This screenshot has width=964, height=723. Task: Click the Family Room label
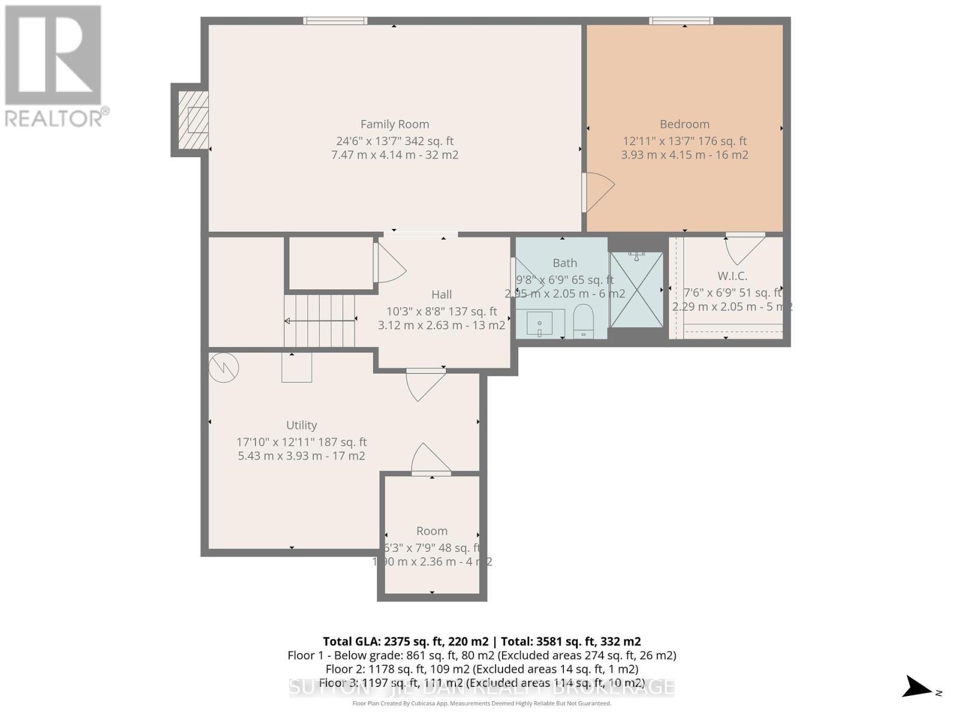395,124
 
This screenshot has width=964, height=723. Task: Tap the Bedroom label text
684,124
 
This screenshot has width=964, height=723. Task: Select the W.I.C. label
732,276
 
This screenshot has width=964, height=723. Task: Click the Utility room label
301,425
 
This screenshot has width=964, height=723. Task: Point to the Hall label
441,295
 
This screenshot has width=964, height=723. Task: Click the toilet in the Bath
583,321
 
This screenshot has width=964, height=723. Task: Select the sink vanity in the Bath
540,324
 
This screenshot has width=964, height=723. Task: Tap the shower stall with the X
636,290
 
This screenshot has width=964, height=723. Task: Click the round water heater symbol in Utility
224,367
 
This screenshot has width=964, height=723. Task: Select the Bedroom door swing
598,192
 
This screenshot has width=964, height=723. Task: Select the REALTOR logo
54,66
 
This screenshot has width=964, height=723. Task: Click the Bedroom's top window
681,21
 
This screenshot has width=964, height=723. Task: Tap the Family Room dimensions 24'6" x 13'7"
395,141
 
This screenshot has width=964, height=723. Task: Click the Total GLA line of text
481,642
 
